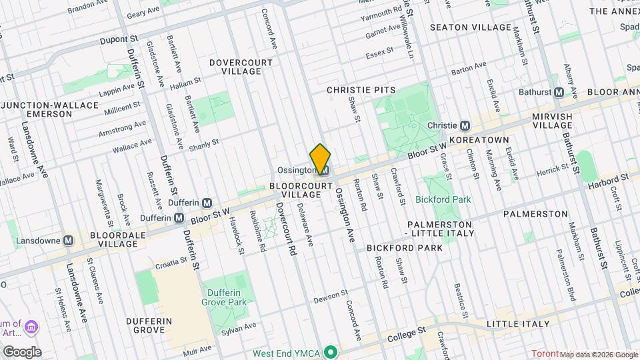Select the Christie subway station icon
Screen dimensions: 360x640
point(466,125)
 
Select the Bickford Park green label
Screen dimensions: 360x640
point(443,199)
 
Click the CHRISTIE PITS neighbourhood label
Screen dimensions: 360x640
point(361,89)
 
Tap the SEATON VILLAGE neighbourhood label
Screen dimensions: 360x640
point(470,27)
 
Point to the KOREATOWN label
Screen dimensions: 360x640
point(479,141)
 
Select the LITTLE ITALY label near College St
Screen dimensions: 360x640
point(518,324)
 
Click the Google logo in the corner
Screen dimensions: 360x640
point(21,352)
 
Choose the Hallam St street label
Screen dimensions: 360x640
point(185,81)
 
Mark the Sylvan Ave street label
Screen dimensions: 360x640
point(239,327)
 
